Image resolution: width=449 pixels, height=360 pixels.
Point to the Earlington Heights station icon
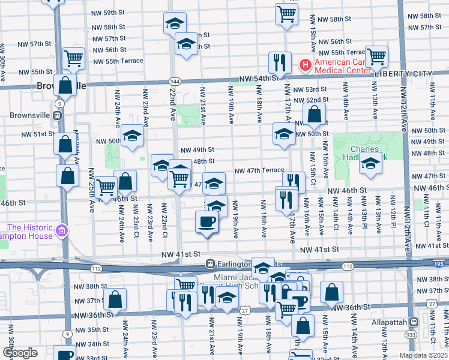[x=211, y=263]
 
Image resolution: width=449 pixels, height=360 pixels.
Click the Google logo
[x=20, y=353]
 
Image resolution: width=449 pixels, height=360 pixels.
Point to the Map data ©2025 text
[x=423, y=355]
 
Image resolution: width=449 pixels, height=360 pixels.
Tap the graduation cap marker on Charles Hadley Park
[x=370, y=163]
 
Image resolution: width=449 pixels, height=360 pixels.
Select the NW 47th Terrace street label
[x=259, y=170]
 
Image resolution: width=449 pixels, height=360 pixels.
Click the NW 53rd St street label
[x=310, y=89]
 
